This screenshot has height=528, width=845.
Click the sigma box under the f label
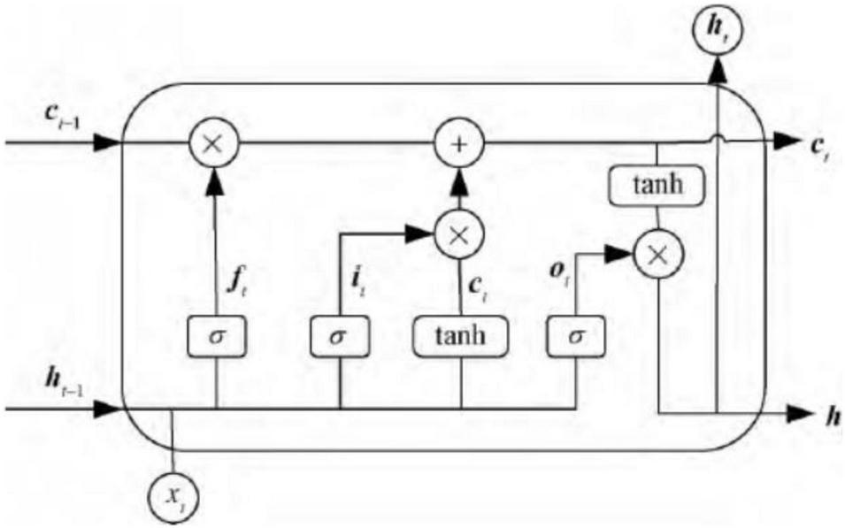pyautogui.click(x=216, y=336)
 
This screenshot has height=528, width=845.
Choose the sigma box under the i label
pyautogui.click(x=339, y=336)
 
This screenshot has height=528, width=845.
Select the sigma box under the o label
pyautogui.click(x=574, y=336)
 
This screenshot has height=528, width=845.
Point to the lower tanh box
pyautogui.click(x=460, y=336)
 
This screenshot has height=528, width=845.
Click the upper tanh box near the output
pyautogui.click(x=656, y=186)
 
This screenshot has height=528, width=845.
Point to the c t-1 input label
pyautogui.click(x=65, y=119)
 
